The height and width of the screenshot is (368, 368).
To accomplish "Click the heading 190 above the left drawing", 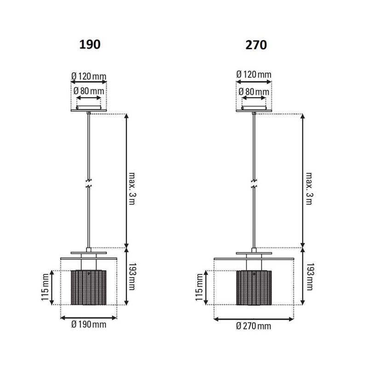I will click(x=89, y=45).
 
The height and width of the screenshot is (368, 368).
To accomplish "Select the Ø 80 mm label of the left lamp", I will click(x=88, y=91).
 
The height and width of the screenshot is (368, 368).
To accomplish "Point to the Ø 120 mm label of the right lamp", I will click(x=253, y=75).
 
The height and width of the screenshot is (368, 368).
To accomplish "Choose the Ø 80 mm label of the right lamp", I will click(x=253, y=92).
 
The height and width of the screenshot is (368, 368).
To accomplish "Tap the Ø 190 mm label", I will click(x=88, y=325).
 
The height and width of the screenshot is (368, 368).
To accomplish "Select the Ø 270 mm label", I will click(x=253, y=326).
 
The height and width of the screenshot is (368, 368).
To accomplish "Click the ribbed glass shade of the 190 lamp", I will click(x=88, y=287).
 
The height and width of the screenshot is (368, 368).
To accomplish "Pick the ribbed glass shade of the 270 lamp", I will click(x=254, y=287).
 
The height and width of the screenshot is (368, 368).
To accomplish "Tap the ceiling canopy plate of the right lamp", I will click(x=253, y=110).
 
